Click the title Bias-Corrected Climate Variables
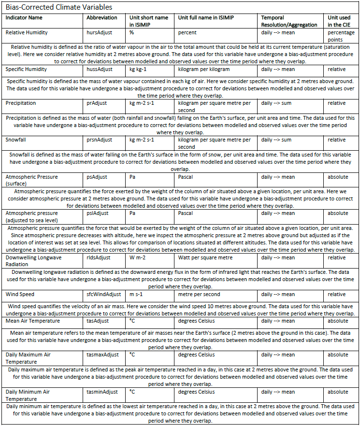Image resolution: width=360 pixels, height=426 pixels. pos(59,7)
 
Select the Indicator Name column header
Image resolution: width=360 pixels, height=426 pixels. pos(24,18)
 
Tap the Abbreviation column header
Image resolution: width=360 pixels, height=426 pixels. pos(102,18)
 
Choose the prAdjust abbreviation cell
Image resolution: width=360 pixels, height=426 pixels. pos(98,103)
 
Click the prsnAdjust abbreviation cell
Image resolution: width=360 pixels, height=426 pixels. pos(100,140)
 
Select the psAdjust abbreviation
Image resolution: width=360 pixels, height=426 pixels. pos(97,177)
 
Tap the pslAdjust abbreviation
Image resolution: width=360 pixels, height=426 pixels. pos(98,213)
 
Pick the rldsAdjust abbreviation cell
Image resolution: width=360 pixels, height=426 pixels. pos(99,257)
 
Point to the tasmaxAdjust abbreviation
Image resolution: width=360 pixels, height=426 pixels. pos(103,355)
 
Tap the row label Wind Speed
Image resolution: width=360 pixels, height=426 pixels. pos(20,294)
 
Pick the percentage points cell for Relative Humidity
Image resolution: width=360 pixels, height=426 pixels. pos(341,36)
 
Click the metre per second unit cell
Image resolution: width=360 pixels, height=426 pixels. pos(199,294)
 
